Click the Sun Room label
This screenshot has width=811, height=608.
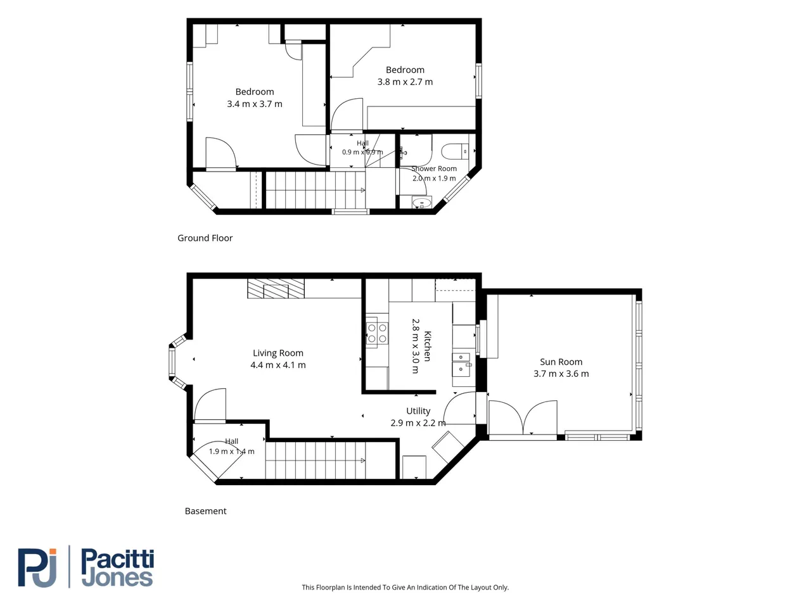coord(561,362)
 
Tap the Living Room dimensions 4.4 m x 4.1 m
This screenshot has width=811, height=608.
coord(278,365)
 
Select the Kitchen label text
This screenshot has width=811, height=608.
coord(427,346)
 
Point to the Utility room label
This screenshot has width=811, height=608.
coord(418,411)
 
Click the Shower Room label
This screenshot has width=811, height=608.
coord(434,168)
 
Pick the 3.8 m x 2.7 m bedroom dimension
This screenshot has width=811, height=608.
coord(405,82)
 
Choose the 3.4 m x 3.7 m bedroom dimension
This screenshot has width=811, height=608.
coord(255,104)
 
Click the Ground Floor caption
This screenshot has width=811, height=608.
coord(205,238)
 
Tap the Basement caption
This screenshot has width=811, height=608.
coord(205,511)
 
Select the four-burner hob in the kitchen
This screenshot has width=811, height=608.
coord(377,333)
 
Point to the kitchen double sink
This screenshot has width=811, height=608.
coord(461,364)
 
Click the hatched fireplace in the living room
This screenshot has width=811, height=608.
coord(276,289)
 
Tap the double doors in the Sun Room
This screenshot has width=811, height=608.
coord(523,417)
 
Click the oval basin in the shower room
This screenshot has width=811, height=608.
coord(421,202)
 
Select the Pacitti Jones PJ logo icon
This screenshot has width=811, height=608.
coord(37,567)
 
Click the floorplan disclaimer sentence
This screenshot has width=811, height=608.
coord(405,587)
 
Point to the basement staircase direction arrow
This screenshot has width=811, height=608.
coord(363,460)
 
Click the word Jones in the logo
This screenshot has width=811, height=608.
coord(117,578)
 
